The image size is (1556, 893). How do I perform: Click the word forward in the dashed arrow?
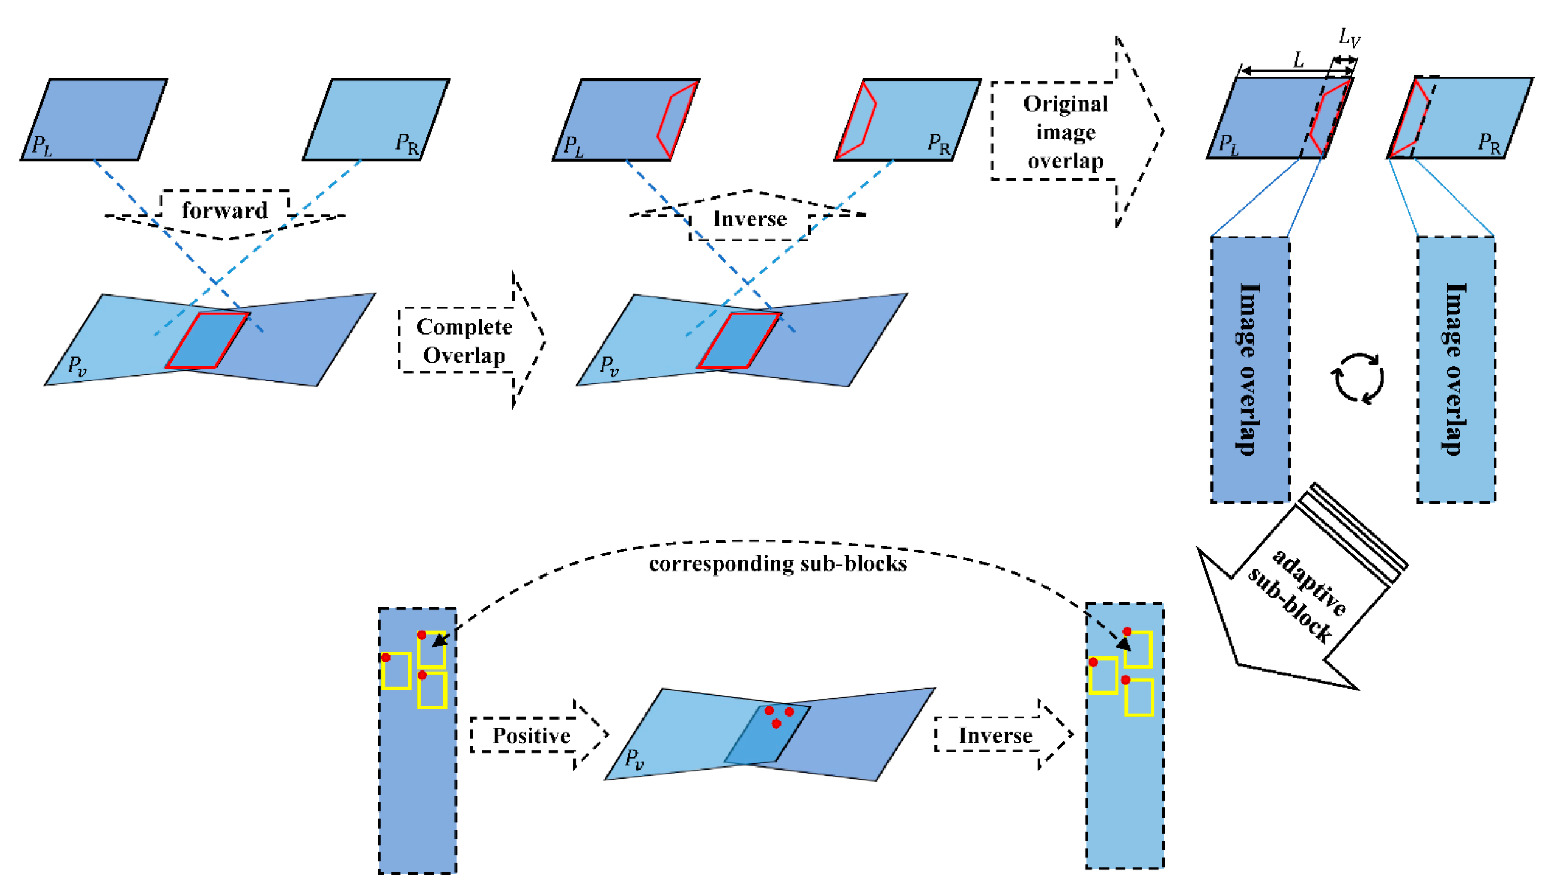224,210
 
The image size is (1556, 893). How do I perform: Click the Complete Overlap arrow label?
464,341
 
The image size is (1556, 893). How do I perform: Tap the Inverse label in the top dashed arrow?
749,219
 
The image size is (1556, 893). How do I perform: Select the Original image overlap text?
1065,133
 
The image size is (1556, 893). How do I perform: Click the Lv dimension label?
1349,38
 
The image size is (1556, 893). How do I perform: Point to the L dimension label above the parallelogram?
1299,60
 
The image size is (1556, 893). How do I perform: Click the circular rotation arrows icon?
1357,378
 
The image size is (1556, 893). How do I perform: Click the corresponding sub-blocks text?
777,564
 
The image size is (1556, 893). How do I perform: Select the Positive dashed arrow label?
531,735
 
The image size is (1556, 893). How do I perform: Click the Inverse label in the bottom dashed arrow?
995,735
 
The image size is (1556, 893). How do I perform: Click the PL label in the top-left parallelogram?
42,145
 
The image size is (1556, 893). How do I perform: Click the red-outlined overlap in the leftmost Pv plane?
207,341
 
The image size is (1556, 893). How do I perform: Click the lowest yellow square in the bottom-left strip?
432,691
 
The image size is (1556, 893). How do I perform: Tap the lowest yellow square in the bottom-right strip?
1139,697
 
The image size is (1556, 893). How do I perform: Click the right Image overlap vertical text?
1456,370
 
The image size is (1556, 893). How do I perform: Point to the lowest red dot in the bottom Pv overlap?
776,724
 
